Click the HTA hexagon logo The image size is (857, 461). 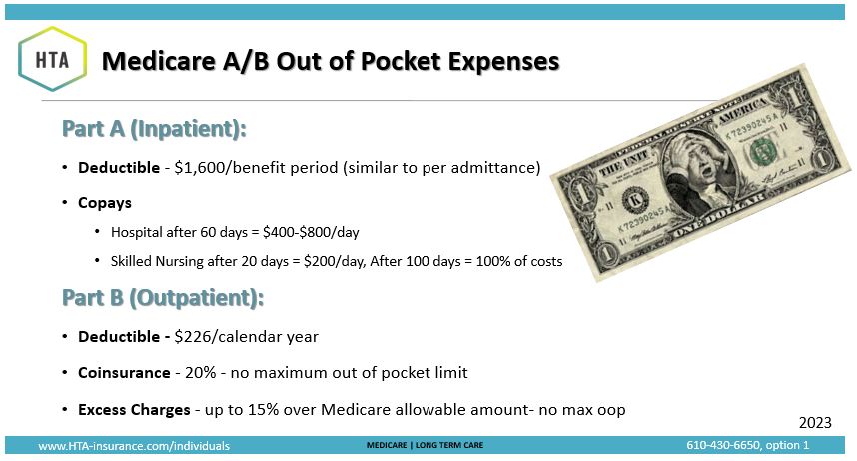tap(53, 59)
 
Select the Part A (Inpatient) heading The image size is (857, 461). tap(154, 129)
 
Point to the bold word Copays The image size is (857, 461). tap(105, 203)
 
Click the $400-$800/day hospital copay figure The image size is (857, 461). tap(311, 233)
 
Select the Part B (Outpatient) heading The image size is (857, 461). tap(163, 298)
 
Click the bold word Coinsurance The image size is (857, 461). tap(124, 373)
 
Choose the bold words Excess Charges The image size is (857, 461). tap(134, 410)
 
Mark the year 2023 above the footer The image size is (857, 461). tap(815, 423)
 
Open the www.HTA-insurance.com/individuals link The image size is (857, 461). tap(134, 446)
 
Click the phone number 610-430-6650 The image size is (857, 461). tap(723, 445)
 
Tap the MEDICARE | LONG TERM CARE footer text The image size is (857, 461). tap(425, 445)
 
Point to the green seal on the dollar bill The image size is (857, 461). tap(763, 151)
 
